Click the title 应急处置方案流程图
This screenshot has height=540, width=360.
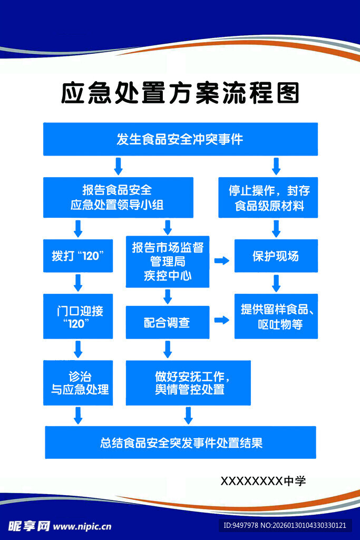click(180, 93)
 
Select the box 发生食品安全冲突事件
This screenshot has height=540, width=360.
click(180, 139)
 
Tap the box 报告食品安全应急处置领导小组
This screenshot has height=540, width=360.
click(118, 197)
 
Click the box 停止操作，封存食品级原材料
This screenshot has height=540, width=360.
click(268, 197)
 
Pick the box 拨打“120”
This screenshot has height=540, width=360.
click(78, 256)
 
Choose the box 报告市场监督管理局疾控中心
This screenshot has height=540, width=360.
click(168, 261)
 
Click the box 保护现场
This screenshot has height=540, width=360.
click(276, 256)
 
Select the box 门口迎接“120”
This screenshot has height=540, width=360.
click(78, 316)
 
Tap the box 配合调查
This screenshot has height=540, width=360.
click(168, 322)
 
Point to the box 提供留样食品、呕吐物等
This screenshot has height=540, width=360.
click(276, 316)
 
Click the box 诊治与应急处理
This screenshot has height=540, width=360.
click(78, 383)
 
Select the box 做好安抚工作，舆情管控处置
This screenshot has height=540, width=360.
click(188, 383)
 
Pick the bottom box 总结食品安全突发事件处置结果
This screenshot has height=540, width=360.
click(180, 442)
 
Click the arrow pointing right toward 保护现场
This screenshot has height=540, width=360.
click(221, 261)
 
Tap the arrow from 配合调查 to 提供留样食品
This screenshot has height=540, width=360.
click(221, 320)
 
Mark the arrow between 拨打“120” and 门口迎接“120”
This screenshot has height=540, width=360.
click(78, 283)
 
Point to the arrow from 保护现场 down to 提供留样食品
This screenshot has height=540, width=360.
click(276, 283)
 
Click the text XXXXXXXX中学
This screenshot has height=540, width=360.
click(263, 481)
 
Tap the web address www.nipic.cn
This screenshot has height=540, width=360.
click(83, 526)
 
